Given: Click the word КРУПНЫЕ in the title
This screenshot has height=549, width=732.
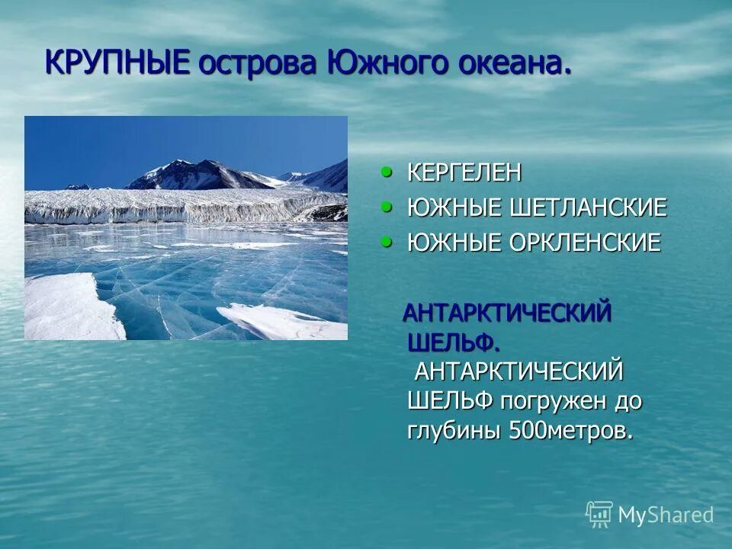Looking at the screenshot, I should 117,62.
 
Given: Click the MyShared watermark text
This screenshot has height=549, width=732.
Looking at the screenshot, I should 666,515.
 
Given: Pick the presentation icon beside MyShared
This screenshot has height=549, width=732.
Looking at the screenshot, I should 599,514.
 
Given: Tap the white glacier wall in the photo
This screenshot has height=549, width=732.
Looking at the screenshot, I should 168,206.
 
